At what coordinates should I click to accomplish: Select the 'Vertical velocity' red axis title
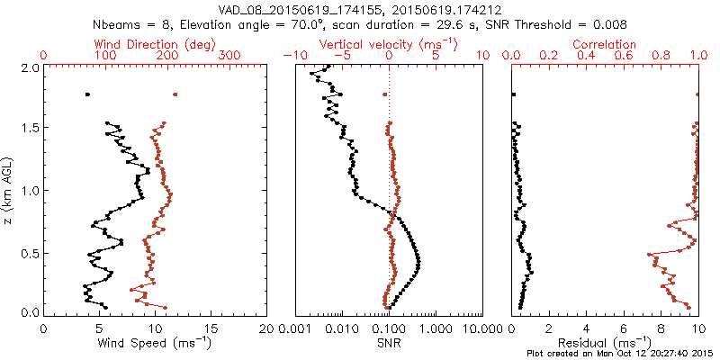pos(389,43)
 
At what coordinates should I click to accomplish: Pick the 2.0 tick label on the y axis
pos(29,67)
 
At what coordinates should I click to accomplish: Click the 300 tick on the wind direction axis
pos(231,56)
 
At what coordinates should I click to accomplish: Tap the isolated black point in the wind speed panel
pos(87,94)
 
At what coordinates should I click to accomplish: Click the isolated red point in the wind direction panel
pos(175,94)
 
